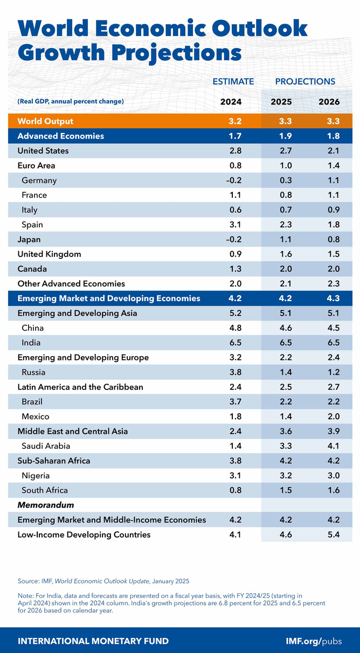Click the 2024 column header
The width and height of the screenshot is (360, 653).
pyautogui.click(x=231, y=101)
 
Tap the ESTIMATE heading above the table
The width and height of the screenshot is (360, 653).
pyautogui.click(x=233, y=81)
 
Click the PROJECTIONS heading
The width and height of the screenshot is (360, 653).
pyautogui.click(x=305, y=81)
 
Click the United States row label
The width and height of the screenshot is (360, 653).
pyautogui.click(x=43, y=151)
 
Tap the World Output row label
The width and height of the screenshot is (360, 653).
pyautogui.click(x=45, y=121)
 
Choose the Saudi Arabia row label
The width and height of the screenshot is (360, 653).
pyautogui.click(x=46, y=446)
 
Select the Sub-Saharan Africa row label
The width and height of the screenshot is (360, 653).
pyautogui.click(x=54, y=461)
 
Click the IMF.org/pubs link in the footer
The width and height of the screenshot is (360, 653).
pyautogui.click(x=319, y=641)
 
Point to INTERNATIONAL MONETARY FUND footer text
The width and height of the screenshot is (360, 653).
pyautogui.click(x=93, y=641)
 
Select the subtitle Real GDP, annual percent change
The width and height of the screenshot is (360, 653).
pyautogui.click(x=71, y=101)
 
